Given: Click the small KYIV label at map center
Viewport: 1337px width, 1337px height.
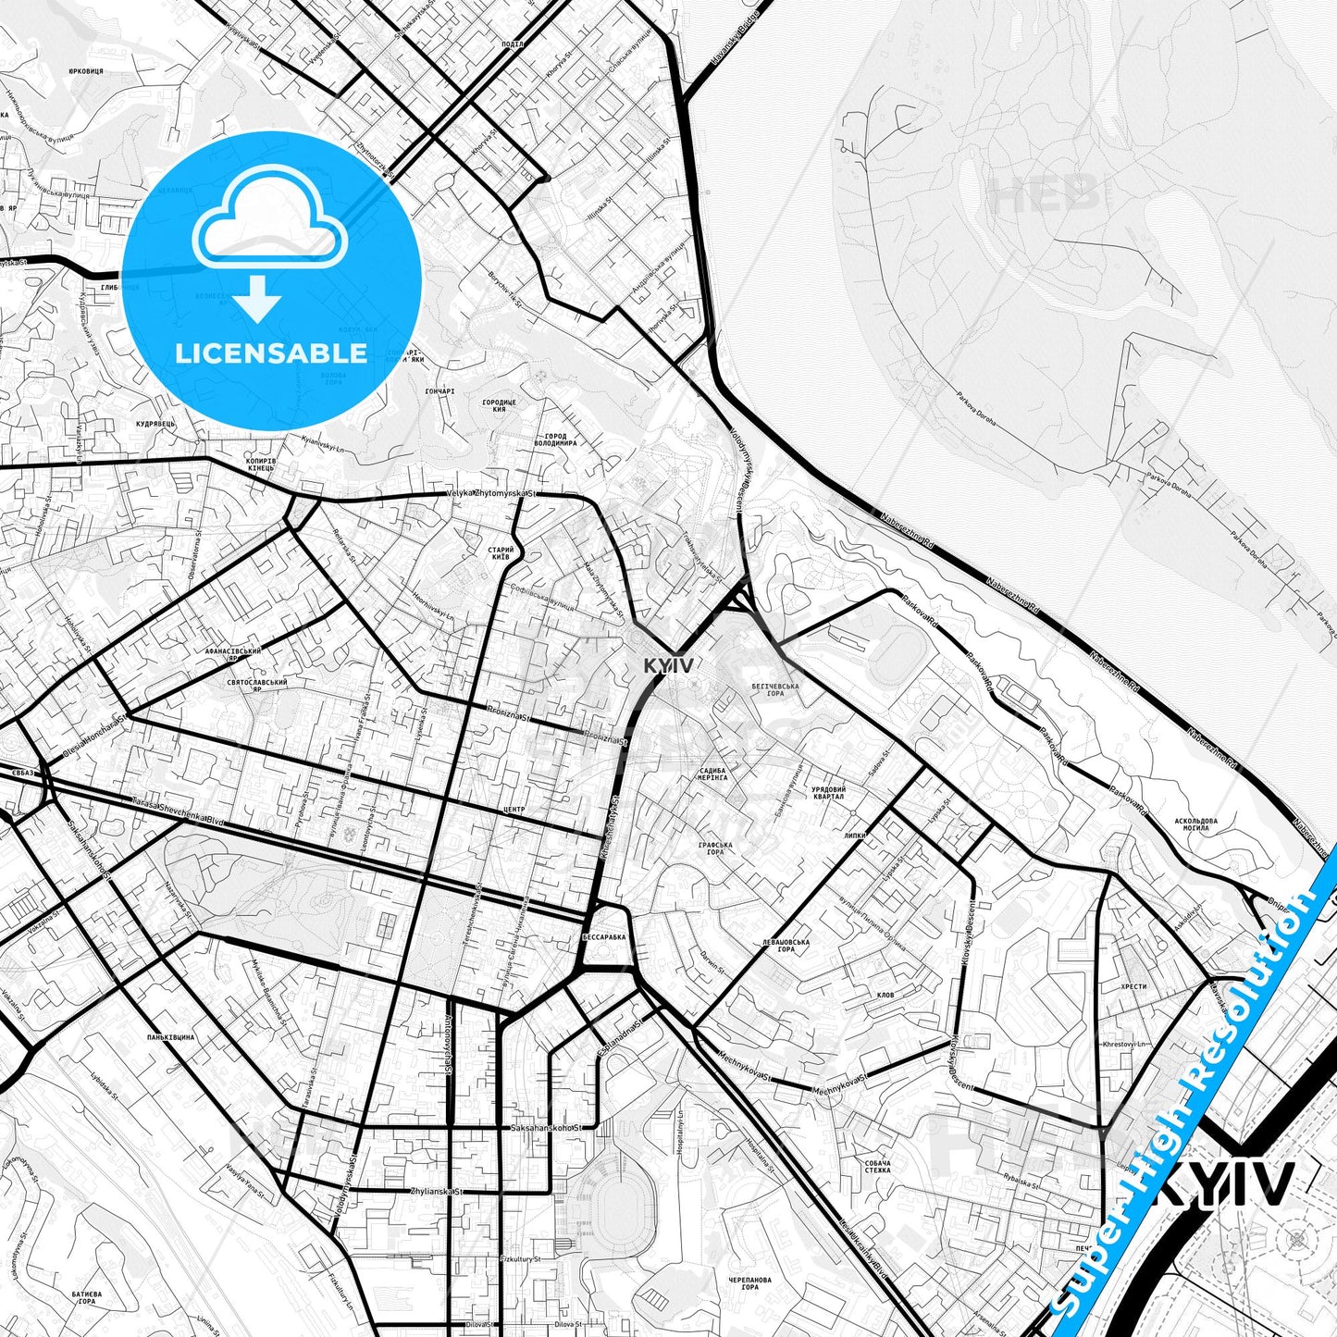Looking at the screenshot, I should tap(668, 665).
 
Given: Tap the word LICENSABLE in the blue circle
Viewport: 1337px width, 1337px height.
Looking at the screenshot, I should tap(271, 353).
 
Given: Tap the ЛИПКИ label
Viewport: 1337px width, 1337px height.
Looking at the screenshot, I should tap(854, 835).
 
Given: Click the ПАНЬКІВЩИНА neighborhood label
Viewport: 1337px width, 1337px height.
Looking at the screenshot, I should tap(170, 1037).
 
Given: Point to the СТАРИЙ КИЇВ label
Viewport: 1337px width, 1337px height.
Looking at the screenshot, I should tap(501, 553).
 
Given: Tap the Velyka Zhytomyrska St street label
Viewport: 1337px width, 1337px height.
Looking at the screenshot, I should tap(490, 494).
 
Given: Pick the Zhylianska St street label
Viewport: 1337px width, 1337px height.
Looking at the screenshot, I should tap(436, 1192).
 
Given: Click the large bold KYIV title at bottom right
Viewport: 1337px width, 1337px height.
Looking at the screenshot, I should tap(1223, 1183).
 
